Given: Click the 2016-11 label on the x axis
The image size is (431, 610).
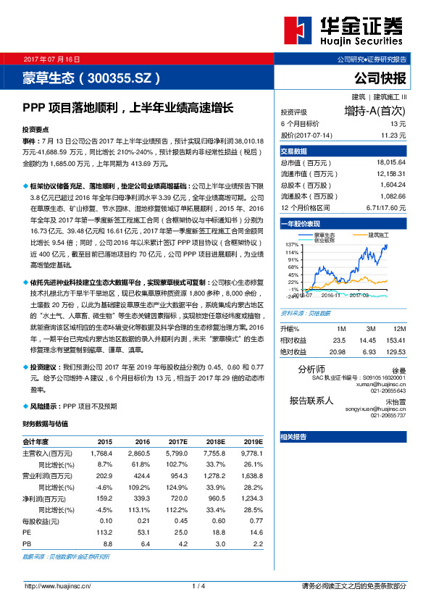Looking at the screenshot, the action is click(x=330, y=296).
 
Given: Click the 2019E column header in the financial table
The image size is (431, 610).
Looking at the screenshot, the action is click(x=252, y=441).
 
